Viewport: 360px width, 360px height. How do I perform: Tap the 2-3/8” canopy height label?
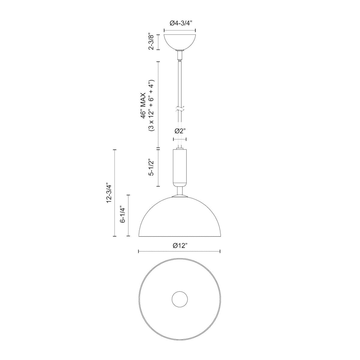click(x=151, y=42)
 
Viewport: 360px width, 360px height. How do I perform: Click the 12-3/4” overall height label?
click(x=109, y=193)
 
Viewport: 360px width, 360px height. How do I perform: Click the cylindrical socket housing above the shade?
click(x=180, y=167)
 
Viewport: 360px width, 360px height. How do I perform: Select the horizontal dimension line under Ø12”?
click(x=179, y=251)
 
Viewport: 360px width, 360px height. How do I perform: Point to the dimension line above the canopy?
click(x=179, y=30)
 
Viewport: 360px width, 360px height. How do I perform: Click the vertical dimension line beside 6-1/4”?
click(x=128, y=215)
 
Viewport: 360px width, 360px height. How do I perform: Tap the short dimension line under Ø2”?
click(x=180, y=139)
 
